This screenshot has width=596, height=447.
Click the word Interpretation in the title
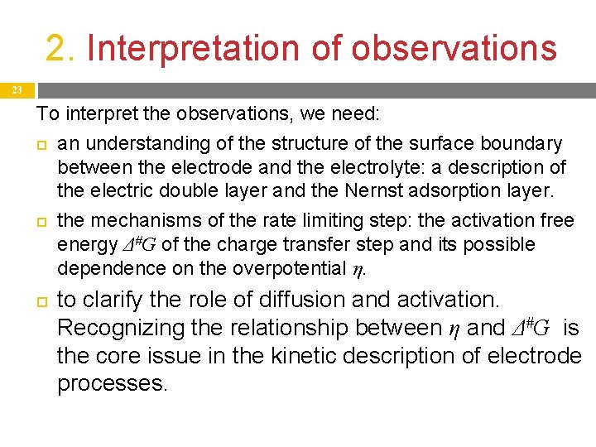(193, 48)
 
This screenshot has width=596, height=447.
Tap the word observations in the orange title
(454, 48)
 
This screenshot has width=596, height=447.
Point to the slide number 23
(17, 89)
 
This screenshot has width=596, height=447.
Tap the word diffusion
(320, 299)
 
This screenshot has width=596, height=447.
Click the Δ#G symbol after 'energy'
(141, 245)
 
